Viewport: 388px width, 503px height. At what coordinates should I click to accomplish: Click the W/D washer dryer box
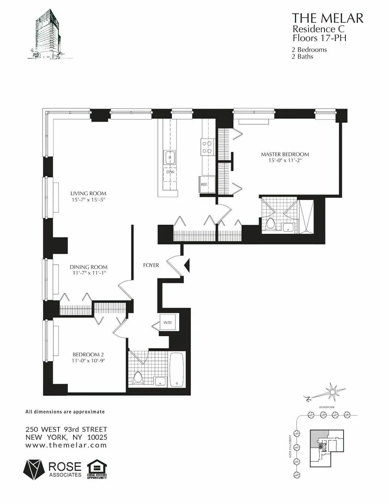[x=167, y=322]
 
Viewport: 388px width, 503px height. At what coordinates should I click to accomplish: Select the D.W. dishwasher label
[x=170, y=172]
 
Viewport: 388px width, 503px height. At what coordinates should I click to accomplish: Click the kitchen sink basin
[x=169, y=158]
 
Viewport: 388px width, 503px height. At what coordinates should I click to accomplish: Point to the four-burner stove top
[x=207, y=147]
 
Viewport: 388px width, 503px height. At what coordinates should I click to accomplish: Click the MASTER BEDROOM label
[x=285, y=155]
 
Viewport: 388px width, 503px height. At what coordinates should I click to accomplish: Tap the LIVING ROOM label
[x=88, y=194]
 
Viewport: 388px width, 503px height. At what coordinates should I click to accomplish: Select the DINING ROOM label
[x=88, y=267]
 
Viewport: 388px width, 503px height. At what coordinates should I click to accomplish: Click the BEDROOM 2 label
[x=88, y=354]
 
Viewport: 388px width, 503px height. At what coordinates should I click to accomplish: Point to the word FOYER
[x=151, y=265]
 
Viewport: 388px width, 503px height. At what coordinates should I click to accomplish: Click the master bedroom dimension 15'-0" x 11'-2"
[x=285, y=160]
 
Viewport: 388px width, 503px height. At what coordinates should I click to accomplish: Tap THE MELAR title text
[x=328, y=18]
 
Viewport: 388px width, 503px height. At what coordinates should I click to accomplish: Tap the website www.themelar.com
[x=66, y=445]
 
